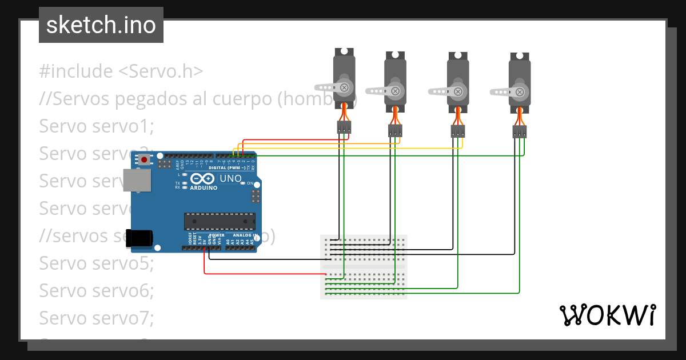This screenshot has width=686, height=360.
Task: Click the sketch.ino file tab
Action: pos(101,25)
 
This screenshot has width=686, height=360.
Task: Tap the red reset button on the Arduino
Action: pos(145,159)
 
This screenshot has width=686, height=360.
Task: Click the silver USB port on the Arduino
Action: pos(138,179)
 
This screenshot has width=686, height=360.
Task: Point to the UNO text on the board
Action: pos(230,178)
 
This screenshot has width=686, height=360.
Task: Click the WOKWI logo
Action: pos(607,315)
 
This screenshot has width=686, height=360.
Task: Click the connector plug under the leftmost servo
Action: pos(343,127)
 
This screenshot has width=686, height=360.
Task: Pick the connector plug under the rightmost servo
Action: pos(519,131)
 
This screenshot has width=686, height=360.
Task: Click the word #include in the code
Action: pos(76,71)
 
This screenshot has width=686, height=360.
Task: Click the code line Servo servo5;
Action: pos(97,263)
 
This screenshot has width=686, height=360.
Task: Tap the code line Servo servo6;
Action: pos(97,290)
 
